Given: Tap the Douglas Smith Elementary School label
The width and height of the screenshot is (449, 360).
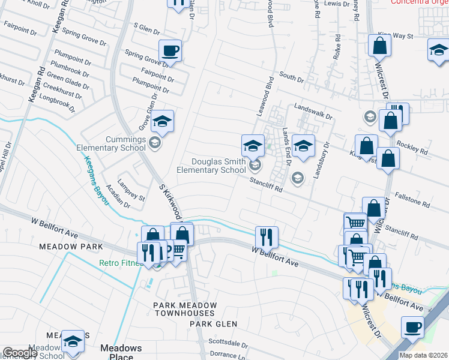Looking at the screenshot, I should pyautogui.click(x=211, y=166).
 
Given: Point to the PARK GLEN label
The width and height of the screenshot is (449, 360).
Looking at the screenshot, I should pyautogui.click(x=214, y=324).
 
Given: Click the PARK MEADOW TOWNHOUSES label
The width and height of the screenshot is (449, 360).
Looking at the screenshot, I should pyautogui.click(x=184, y=309).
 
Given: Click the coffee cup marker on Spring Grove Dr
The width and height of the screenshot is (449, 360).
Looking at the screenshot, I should pyautogui.click(x=170, y=50).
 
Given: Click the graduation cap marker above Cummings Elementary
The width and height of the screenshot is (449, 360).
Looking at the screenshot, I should pyautogui.click(x=162, y=121).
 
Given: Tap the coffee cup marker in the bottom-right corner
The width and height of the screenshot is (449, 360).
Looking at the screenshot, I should pyautogui.click(x=412, y=327).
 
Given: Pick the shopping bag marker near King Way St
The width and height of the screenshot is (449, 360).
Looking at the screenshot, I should pyautogui.click(x=379, y=45).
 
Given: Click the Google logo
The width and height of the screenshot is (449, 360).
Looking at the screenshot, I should pyautogui.click(x=20, y=353).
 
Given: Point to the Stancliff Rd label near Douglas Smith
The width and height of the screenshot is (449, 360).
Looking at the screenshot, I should pyautogui.click(x=267, y=188).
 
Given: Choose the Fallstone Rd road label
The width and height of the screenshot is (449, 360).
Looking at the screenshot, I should pyautogui.click(x=412, y=201).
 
